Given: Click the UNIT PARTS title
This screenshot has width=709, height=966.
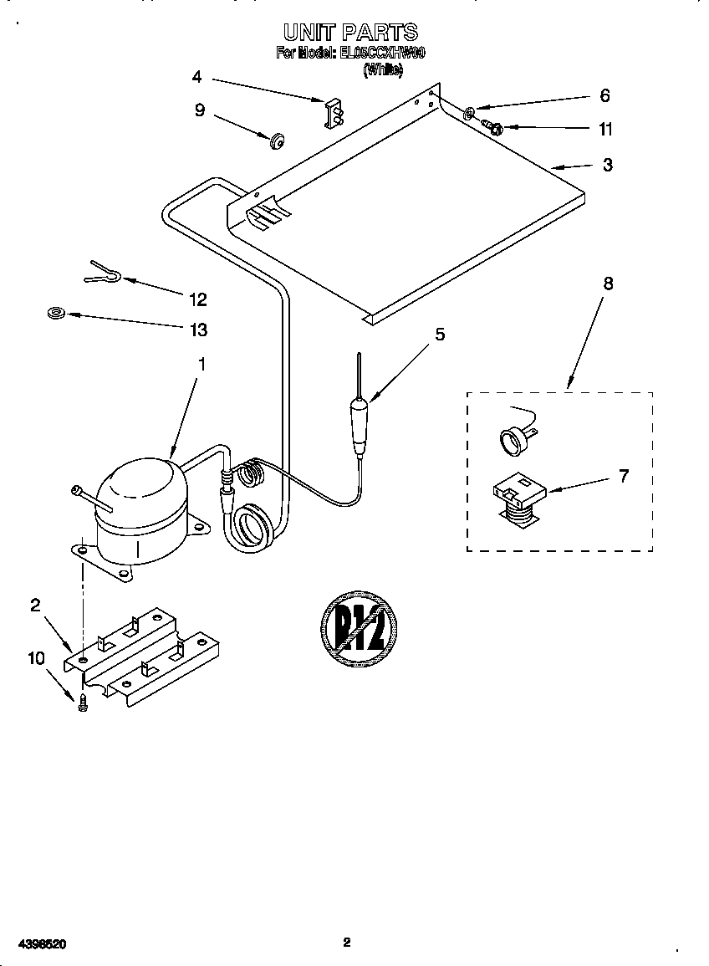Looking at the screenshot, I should point(350,33).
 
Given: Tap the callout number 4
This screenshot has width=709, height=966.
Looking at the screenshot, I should point(196,77).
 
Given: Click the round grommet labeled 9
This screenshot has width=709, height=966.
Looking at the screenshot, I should point(275,139).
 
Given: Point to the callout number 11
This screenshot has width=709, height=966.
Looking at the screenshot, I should point(605,129).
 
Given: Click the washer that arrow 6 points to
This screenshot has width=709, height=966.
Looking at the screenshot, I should point(471,110).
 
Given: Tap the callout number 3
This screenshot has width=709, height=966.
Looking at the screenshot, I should point(608,165).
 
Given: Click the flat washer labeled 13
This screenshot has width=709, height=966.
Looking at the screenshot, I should point(56,314).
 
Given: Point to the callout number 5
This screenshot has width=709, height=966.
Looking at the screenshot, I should point(439,335).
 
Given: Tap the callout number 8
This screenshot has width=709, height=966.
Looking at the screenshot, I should point(608,284).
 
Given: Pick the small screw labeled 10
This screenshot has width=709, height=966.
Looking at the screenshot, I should point(82,704).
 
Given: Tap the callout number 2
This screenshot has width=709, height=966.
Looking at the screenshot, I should point(35,606).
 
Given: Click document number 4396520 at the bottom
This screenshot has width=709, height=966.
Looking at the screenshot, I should point(40,944).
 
